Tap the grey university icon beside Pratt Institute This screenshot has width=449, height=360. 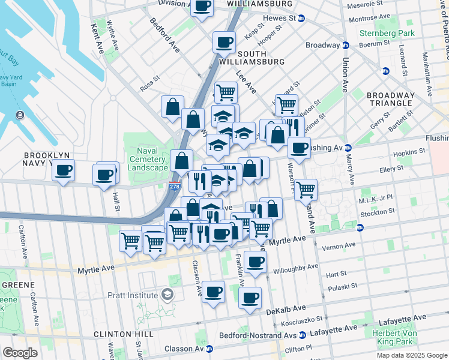166,295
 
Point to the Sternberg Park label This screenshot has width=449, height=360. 387,32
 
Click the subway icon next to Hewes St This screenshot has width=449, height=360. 301,18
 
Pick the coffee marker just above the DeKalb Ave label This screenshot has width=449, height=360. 250,297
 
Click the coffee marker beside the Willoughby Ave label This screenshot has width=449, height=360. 255,262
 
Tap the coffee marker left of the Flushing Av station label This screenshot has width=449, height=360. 299,148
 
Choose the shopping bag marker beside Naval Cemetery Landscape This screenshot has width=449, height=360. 181,161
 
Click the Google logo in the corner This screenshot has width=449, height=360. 20,353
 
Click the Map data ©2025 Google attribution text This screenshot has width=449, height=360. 411,355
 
